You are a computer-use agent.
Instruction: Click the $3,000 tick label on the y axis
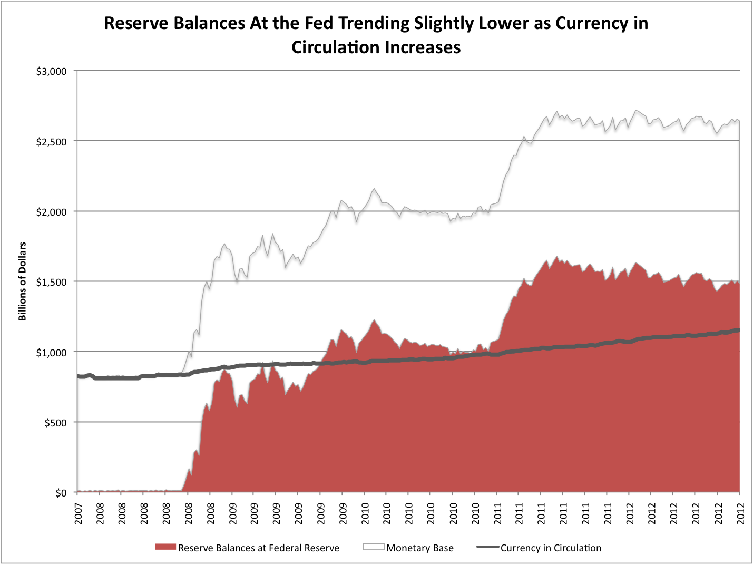tap(51, 71)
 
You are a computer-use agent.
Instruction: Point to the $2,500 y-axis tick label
tap(51, 141)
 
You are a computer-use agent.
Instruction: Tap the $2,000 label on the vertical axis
tap(51, 212)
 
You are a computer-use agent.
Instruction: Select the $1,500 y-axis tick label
tap(51, 282)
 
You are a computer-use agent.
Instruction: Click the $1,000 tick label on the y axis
tap(51, 352)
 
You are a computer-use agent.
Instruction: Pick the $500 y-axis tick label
tap(55, 423)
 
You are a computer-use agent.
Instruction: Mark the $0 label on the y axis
tap(61, 493)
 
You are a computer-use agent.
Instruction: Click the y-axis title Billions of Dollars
tap(22, 281)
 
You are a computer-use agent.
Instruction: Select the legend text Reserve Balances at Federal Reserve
tap(258, 548)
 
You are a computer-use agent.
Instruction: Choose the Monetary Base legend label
tap(419, 548)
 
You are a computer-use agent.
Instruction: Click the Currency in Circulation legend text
tap(551, 548)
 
